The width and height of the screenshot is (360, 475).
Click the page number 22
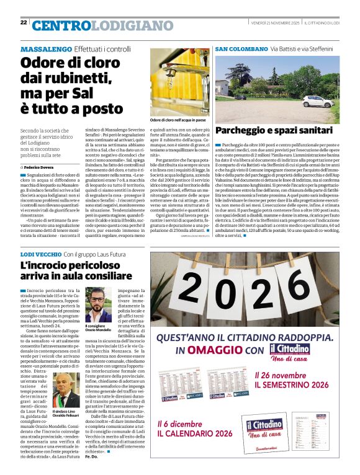pos(24,22)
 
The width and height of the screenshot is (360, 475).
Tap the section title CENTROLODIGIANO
pos(93,25)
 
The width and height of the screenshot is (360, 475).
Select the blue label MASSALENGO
pos(46,49)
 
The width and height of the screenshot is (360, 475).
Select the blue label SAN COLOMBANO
pos(241,48)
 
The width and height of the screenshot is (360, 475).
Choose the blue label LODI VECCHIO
pos(40,255)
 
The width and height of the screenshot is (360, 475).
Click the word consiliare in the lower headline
pos(83,277)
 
